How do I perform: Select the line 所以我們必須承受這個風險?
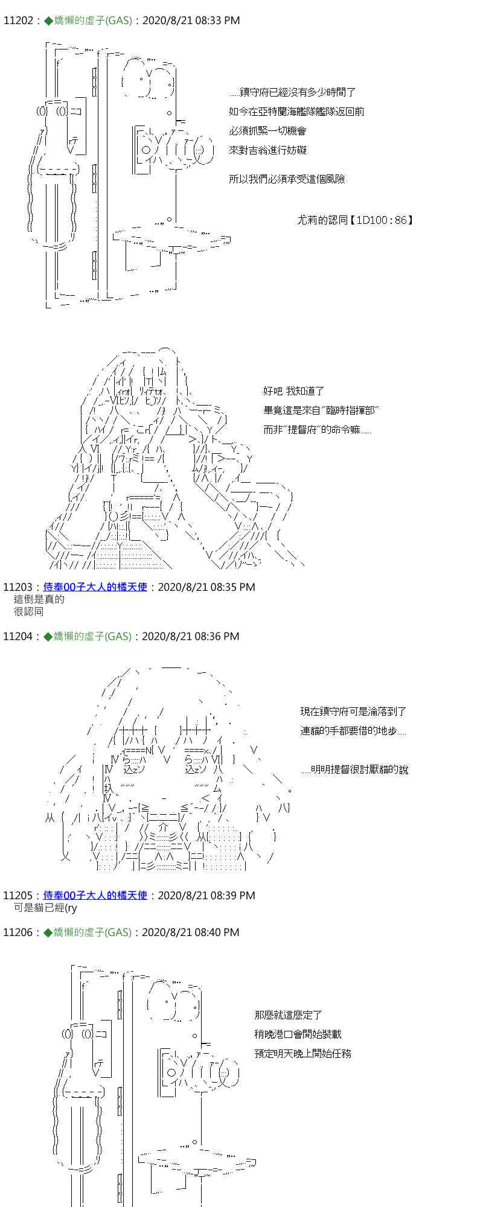click(287, 179)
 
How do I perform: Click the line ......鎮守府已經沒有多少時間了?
click(292, 92)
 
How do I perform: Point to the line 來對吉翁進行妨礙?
click(268, 150)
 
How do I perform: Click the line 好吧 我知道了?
click(294, 392)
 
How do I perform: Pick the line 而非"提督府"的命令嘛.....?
click(317, 430)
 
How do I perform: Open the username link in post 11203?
click(95, 587)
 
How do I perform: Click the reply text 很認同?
click(28, 611)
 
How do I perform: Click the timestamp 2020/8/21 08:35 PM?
click(206, 587)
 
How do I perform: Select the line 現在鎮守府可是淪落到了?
click(353, 712)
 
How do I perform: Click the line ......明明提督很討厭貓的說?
click(354, 770)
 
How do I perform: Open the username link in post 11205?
click(95, 895)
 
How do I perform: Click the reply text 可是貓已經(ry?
click(45, 908)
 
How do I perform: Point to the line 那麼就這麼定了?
click(289, 1015)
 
